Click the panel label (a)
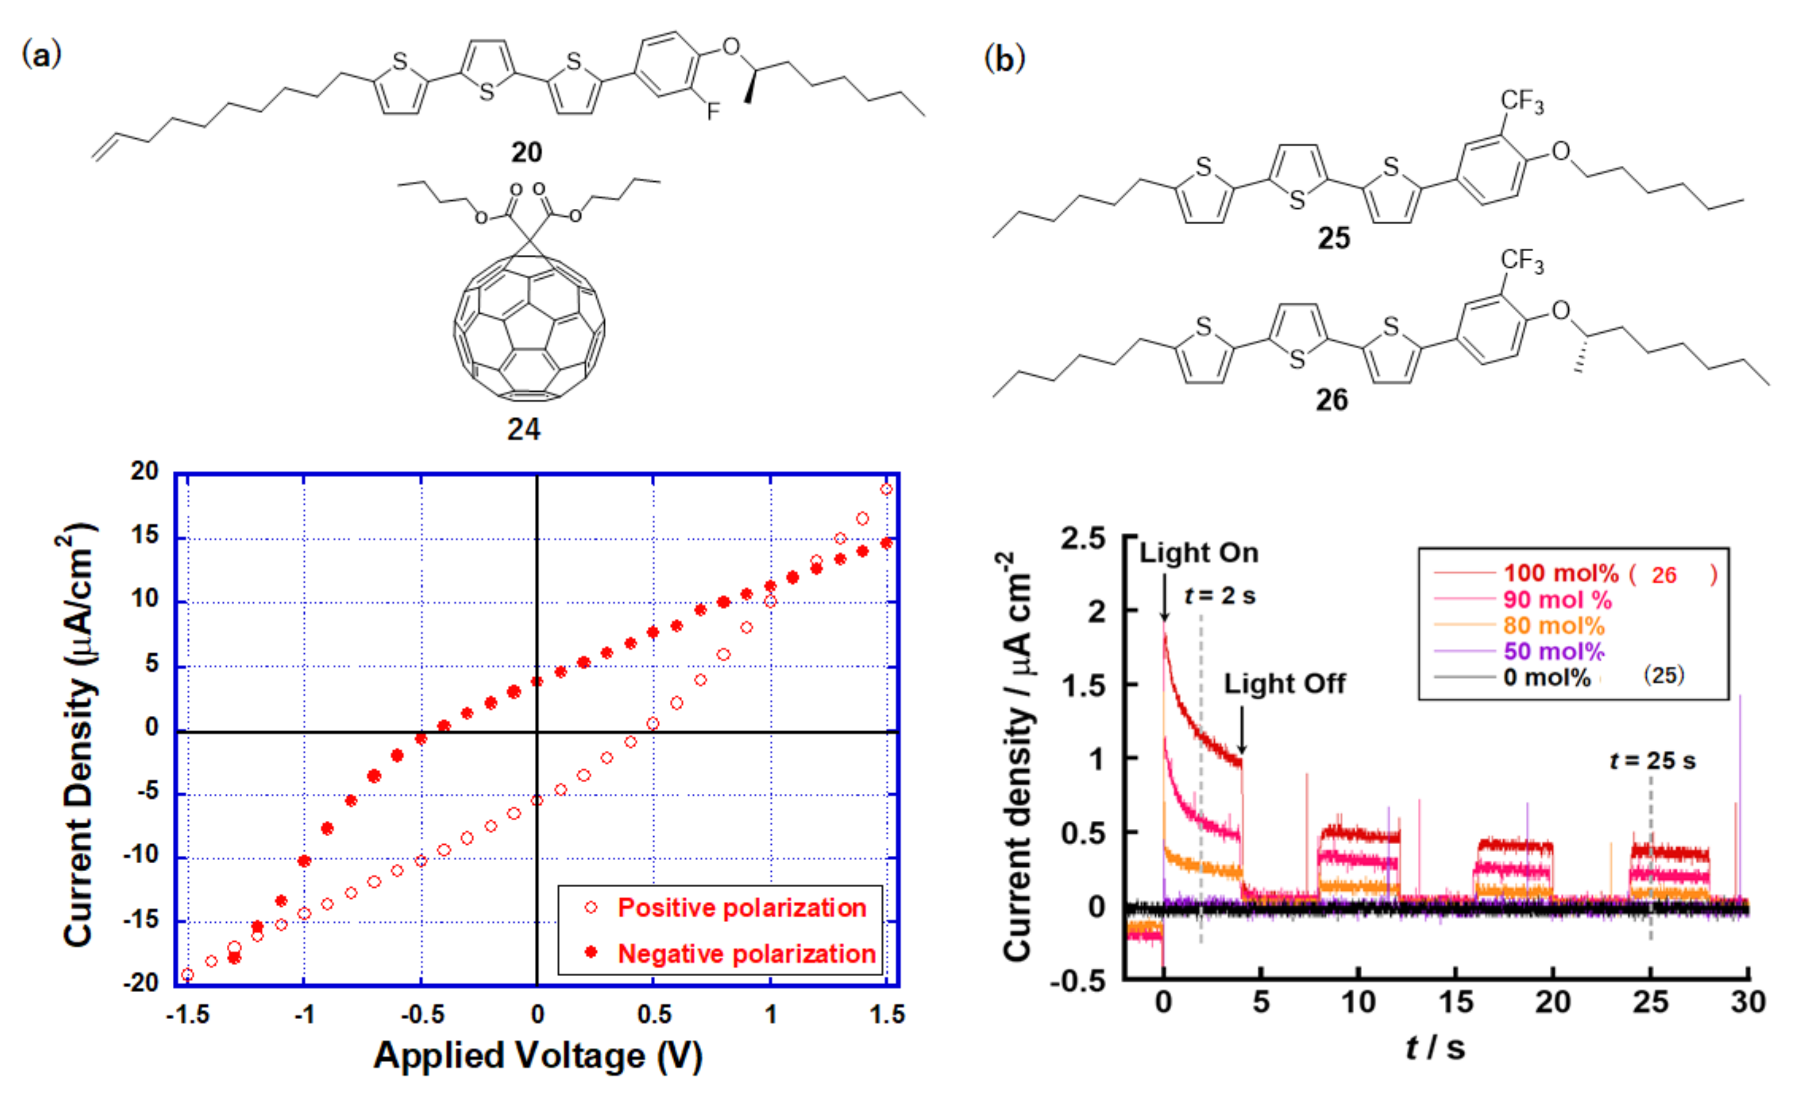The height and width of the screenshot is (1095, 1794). tap(41, 54)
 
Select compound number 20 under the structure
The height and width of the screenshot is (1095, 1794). tap(526, 152)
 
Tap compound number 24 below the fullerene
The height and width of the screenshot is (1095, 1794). tap(523, 430)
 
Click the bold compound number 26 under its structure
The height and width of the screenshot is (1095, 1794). tap(1332, 400)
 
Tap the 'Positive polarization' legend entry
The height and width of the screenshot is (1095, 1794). tap(741, 908)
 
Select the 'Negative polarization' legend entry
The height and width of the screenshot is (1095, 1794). tap(746, 954)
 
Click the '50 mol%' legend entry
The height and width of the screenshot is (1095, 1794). tap(1554, 651)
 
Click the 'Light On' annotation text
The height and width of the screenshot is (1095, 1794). tap(1199, 553)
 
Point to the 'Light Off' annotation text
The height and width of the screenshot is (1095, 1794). tap(1285, 684)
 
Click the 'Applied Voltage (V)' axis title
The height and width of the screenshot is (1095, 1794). tap(537, 1056)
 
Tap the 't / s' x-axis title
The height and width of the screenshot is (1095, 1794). tap(1434, 1048)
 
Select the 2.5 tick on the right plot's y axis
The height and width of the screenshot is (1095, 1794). tap(1083, 539)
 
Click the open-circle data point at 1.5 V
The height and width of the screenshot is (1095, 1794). tap(886, 489)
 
